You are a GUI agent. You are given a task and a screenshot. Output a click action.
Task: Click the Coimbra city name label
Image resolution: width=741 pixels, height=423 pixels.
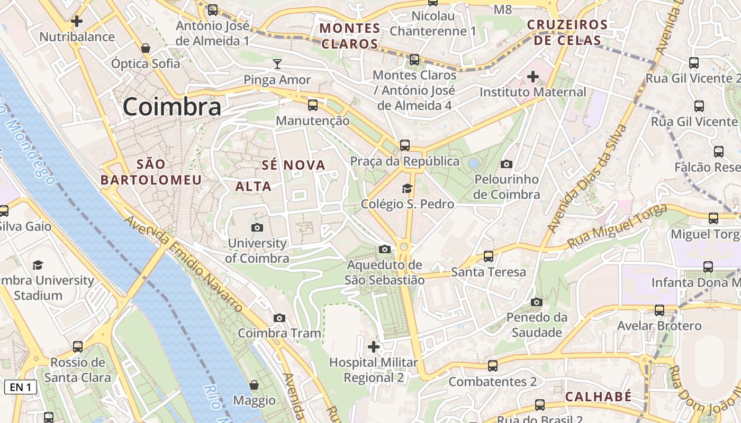(171, 107)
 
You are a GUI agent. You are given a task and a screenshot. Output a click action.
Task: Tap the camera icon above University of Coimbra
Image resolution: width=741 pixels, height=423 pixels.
(257, 228)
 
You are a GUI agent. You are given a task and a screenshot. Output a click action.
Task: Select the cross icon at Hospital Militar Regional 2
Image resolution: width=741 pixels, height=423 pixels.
(374, 347)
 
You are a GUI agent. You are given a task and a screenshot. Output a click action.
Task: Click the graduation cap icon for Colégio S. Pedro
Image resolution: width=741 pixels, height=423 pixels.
(407, 188)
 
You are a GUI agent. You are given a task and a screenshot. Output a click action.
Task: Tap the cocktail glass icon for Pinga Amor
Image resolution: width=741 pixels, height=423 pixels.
(277, 65)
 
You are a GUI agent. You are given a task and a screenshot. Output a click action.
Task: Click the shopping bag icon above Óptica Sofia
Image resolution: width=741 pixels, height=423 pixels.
(146, 48)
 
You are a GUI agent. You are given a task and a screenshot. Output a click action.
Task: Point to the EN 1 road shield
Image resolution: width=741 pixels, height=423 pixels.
(21, 387)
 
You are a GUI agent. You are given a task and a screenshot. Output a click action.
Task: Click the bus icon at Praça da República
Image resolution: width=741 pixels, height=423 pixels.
(405, 145)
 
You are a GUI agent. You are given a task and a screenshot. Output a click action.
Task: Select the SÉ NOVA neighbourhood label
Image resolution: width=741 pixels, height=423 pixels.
(293, 165)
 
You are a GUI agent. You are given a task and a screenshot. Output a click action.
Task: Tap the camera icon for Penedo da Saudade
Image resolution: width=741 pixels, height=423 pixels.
(537, 302)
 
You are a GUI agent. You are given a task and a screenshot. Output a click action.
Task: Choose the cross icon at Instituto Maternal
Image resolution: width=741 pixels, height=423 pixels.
(533, 77)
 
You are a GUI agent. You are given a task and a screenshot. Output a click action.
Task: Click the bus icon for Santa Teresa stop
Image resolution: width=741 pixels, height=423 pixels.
(489, 256)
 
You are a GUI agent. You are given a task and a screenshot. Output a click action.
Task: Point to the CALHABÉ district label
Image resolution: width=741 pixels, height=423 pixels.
(598, 397)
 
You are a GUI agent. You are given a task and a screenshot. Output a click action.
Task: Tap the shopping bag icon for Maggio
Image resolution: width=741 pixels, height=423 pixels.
(254, 385)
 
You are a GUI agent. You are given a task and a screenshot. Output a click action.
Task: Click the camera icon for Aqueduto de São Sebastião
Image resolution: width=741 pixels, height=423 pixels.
(385, 249)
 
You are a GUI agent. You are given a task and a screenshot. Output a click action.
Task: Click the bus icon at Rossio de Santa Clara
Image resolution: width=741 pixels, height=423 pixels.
(78, 347)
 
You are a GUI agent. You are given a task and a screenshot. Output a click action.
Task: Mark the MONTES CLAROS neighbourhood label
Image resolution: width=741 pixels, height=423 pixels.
(350, 36)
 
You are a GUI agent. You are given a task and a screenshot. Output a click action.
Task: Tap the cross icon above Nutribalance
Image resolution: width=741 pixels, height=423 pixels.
(77, 21)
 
